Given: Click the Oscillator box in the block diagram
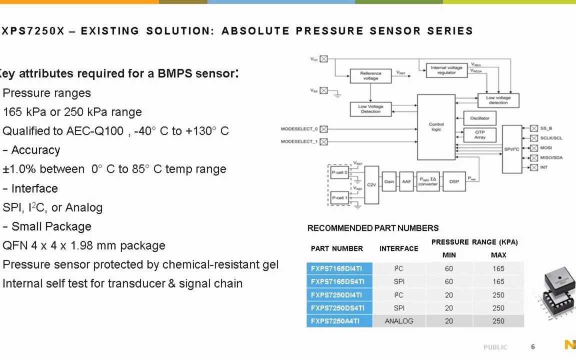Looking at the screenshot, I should tap(479, 118).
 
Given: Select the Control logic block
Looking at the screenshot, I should tap(436, 127).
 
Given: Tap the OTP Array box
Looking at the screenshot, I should tap(479, 135).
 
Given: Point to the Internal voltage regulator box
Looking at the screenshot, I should tap(446, 70).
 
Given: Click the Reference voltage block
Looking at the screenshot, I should tap(370, 76).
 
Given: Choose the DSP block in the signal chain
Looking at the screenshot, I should tap(454, 181).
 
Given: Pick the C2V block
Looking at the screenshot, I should tap(371, 185).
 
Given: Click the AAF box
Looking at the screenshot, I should tap(406, 181).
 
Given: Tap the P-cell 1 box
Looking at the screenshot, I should tap(339, 197).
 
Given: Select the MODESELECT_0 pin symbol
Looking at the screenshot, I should tap(323, 129).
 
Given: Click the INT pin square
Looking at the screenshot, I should tap(534, 167).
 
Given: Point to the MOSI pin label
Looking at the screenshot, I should tap(546, 148).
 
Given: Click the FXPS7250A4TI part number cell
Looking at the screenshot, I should tap(339, 321).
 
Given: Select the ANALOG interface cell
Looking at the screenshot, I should tap(399, 321).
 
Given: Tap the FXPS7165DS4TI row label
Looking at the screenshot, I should tap(339, 281).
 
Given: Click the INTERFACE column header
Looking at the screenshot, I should tap(399, 248).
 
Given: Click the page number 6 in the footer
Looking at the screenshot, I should tap(533, 346).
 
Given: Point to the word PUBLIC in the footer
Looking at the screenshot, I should tap(495, 347).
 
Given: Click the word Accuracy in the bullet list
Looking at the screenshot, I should tap(35, 150).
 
